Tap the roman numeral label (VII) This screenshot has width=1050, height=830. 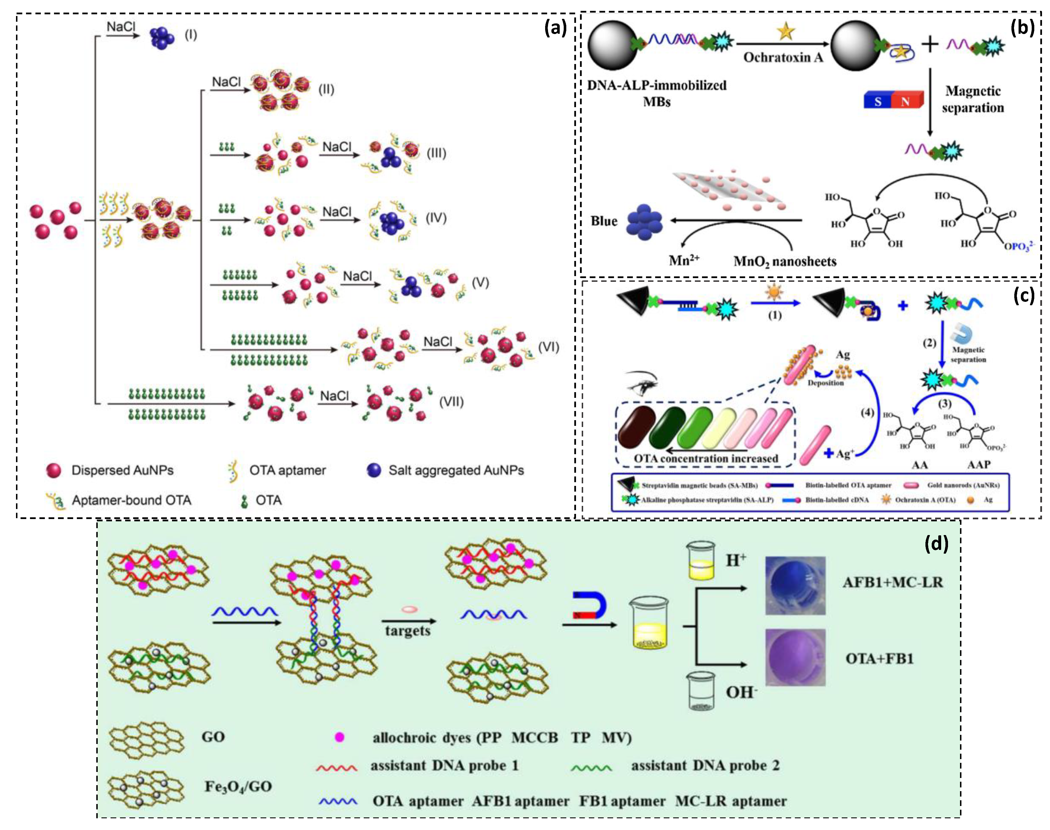coord(451,402)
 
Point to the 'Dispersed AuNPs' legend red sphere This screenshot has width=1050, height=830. coord(53,470)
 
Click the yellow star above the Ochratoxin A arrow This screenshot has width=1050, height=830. coord(785,32)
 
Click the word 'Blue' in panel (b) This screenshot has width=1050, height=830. coord(604,221)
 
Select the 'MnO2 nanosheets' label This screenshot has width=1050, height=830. coord(785,262)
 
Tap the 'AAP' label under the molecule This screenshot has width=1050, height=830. coord(979,464)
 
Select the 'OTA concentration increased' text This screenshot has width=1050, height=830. coord(706,458)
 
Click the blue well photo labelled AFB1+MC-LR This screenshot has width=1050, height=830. coord(795,586)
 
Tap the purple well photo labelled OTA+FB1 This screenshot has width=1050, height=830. coord(795,657)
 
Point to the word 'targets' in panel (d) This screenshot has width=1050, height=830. coord(407,631)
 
